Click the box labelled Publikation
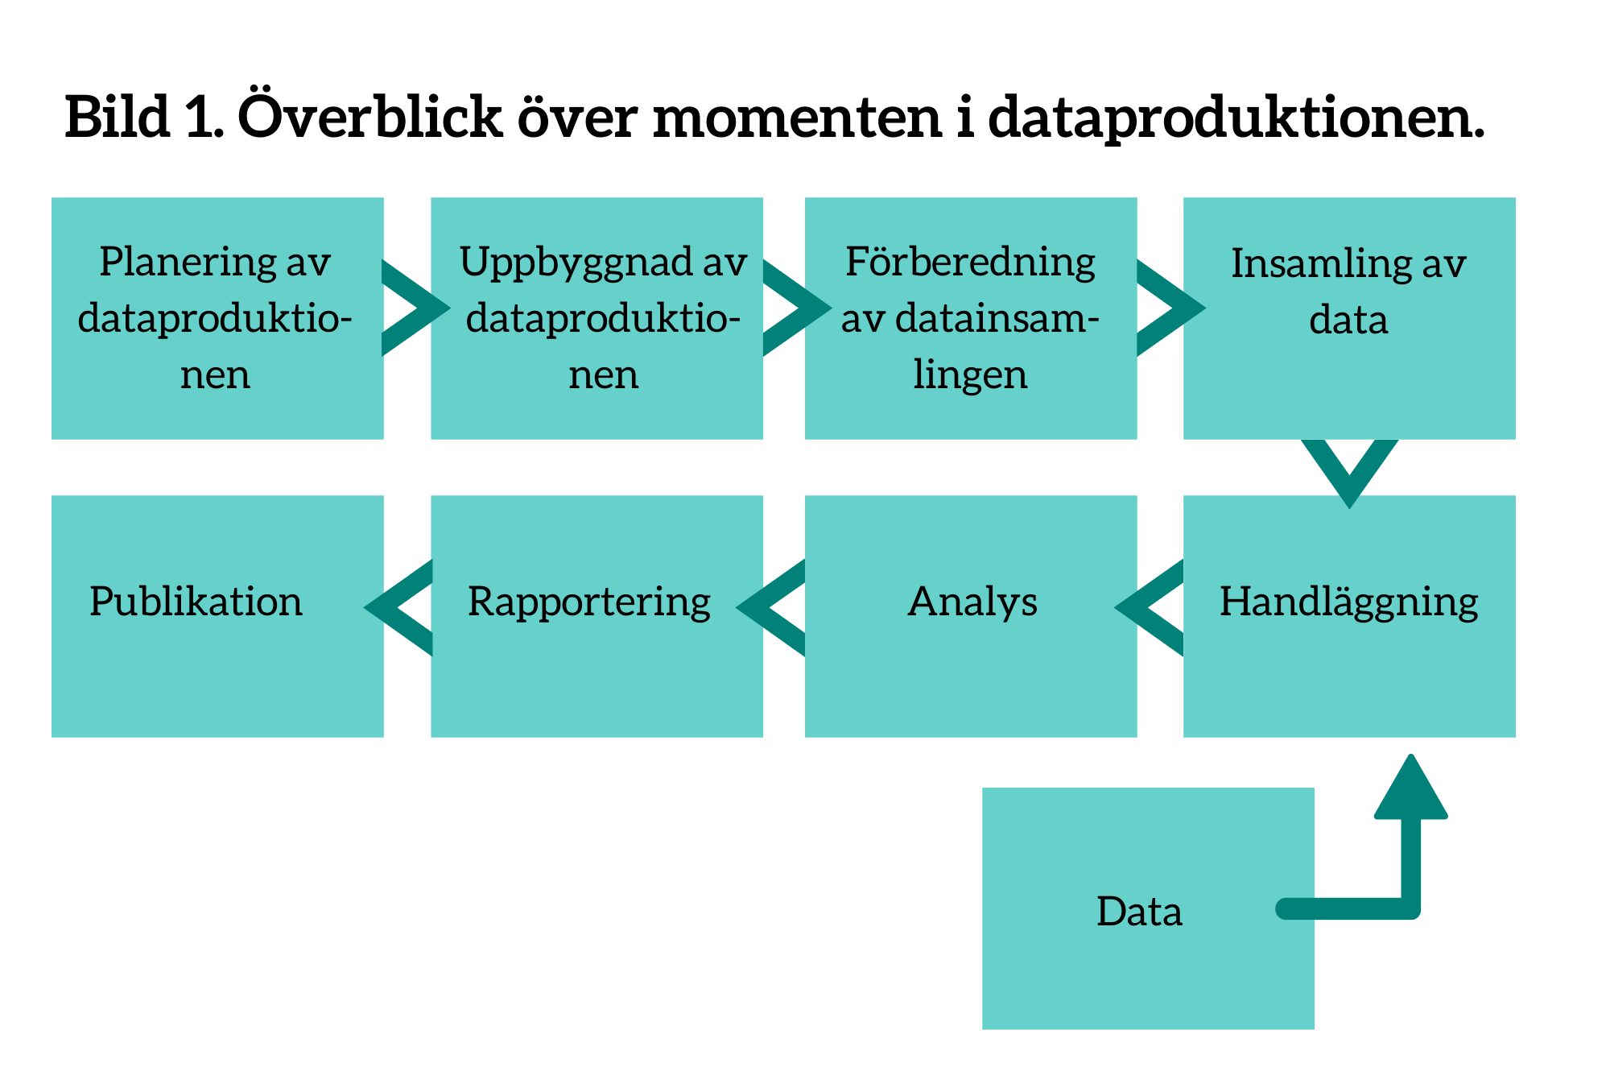click(x=217, y=616)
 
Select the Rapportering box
click(x=597, y=616)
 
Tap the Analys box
click(x=971, y=616)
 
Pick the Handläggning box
click(x=1349, y=616)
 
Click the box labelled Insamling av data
click(x=1349, y=318)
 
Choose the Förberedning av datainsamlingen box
click(x=971, y=318)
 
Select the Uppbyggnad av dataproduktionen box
click(x=597, y=318)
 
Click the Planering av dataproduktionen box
click(x=217, y=318)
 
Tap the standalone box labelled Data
click(x=1148, y=908)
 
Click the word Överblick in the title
click(x=369, y=115)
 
